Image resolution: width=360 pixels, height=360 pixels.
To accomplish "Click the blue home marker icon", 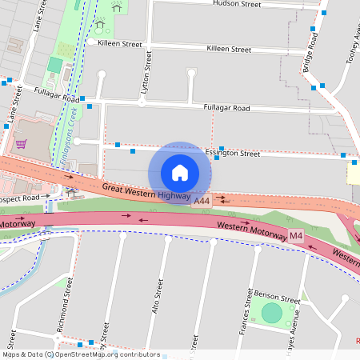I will [180, 173].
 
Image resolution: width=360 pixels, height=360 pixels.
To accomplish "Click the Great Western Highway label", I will [146, 191].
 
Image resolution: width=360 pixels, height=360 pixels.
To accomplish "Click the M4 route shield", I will [296, 235].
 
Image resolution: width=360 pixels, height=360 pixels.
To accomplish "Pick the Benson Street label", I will [276, 296].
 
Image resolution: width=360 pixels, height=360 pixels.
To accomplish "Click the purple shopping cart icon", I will [21, 144].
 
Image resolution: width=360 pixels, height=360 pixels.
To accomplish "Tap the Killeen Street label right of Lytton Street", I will [229, 49].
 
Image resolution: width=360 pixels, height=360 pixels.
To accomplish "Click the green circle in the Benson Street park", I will [272, 313].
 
